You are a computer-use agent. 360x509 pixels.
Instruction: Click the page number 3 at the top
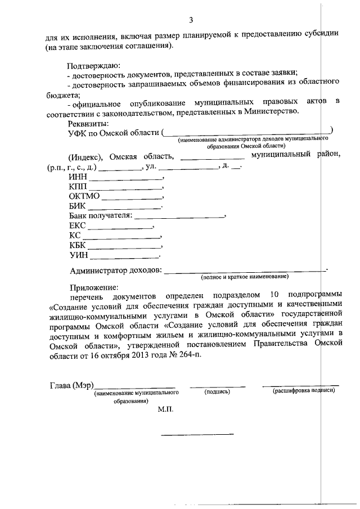tap(191, 21)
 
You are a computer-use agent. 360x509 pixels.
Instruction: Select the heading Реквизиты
tap(88, 124)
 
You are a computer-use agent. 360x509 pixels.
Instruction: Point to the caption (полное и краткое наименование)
tap(245, 277)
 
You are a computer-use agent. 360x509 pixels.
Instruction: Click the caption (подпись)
tap(217, 391)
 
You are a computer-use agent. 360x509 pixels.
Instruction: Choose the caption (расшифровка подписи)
tap(304, 391)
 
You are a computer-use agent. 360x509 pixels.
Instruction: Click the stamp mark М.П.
tap(166, 409)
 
